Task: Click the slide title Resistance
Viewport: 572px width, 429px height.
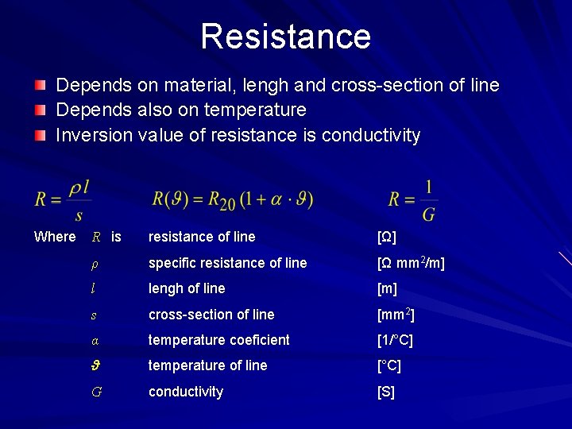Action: pos(285,36)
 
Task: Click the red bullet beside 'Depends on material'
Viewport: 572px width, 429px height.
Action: pos(40,84)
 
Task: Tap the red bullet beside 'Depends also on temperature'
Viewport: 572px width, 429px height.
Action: pos(40,110)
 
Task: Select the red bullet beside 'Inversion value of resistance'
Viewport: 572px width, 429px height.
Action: pos(40,135)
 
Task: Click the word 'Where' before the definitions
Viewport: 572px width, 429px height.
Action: pos(55,237)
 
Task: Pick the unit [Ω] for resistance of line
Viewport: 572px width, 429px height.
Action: pos(387,237)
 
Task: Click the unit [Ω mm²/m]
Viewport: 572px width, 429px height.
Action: pos(411,263)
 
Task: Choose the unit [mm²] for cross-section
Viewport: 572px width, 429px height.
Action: pos(395,315)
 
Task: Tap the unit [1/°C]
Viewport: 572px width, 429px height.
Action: pos(395,340)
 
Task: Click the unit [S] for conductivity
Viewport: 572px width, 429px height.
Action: pos(385,392)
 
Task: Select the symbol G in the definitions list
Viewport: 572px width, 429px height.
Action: pos(96,392)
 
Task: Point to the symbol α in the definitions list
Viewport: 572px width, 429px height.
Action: pos(95,341)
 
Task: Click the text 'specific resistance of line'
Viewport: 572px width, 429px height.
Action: pos(227,263)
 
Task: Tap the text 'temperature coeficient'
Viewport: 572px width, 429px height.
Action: pos(218,340)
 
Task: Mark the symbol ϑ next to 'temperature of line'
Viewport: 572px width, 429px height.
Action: pos(95,366)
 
